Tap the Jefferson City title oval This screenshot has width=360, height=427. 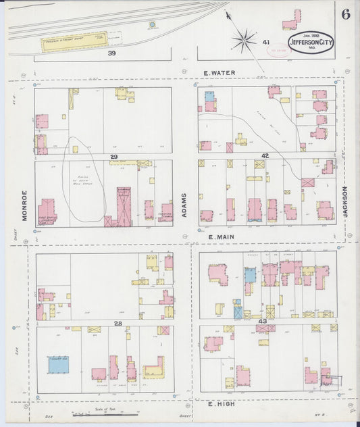(x=310, y=44)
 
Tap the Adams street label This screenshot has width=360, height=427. (x=184, y=204)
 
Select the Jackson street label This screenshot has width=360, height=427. (x=345, y=201)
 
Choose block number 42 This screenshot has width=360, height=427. (x=265, y=156)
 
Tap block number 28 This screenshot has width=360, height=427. (x=118, y=324)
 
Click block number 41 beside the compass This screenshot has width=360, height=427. (x=267, y=42)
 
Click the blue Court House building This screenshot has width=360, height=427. (x=58, y=365)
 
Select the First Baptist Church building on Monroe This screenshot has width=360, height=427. (x=47, y=211)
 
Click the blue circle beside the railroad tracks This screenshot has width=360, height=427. (x=152, y=26)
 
